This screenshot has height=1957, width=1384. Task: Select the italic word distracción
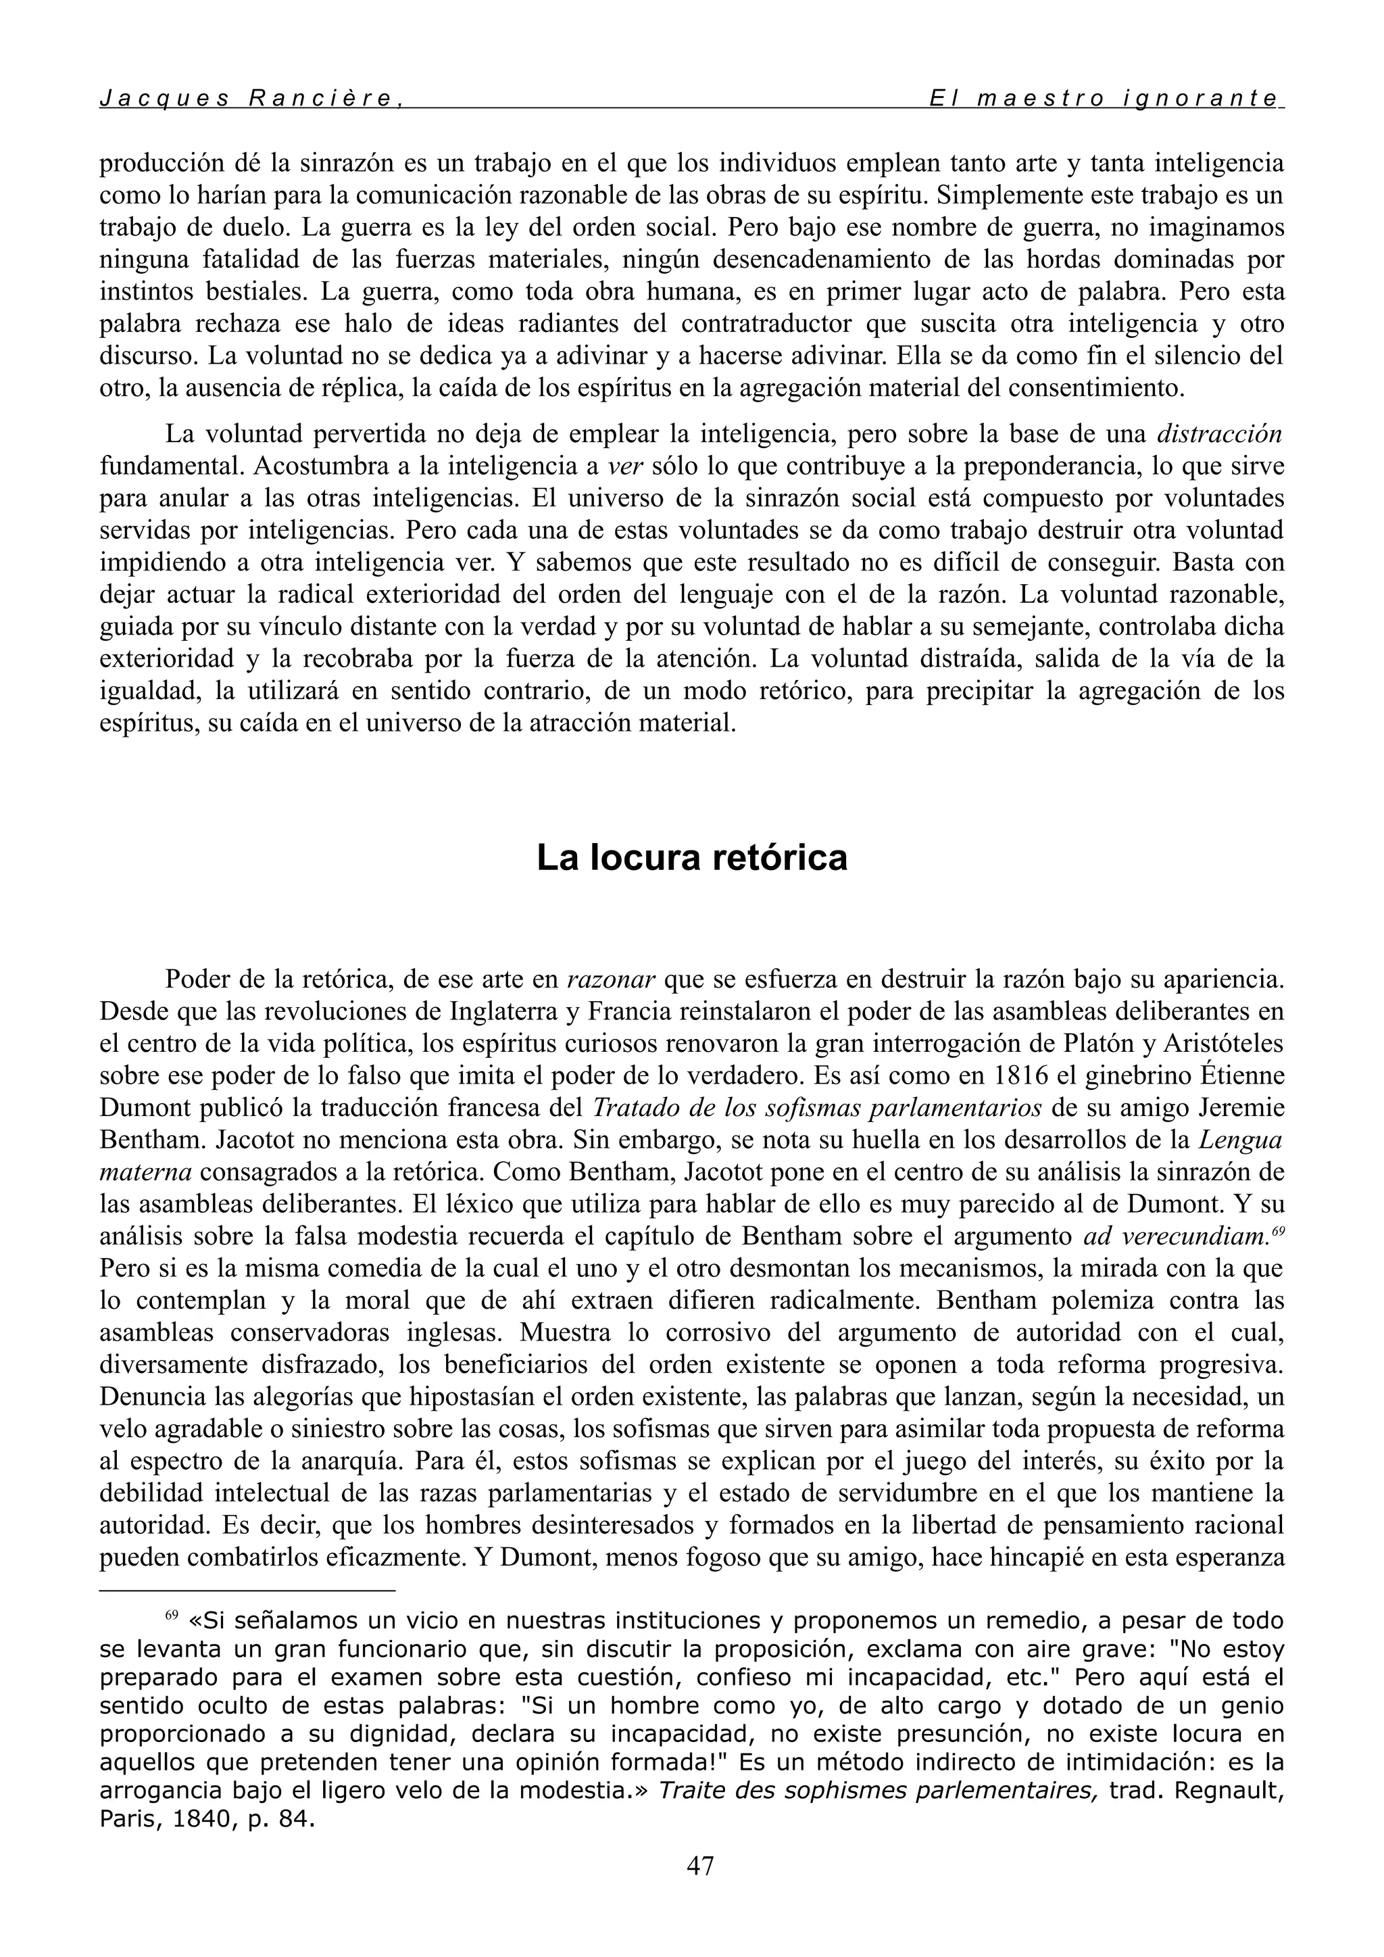[1220, 434]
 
